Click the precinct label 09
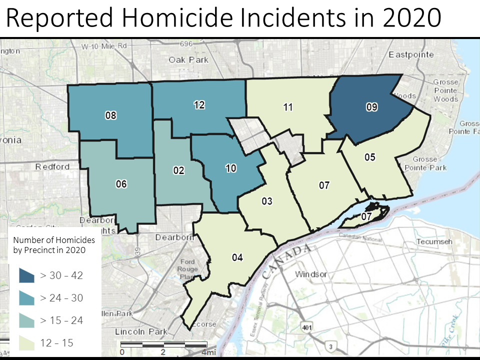coord(371,107)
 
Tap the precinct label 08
coord(110,115)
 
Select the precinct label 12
coord(199,104)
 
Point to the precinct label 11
coord(287,107)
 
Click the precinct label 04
coord(237,257)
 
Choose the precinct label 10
coord(230,168)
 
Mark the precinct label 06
coord(121,184)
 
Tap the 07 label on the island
coord(366,216)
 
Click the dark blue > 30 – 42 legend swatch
coord(26,275)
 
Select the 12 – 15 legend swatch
coord(26,342)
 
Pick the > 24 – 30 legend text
coord(61,298)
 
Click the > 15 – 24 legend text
coord(61,320)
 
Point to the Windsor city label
coord(310,274)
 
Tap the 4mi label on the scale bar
coord(208,352)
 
